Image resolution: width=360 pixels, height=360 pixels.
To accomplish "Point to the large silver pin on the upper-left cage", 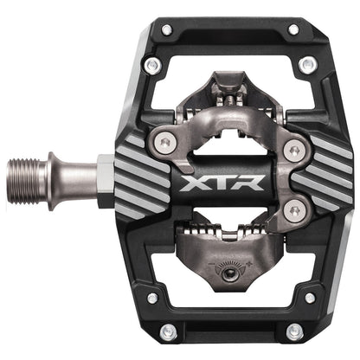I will click(x=153, y=65).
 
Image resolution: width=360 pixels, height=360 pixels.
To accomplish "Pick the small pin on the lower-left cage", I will click(x=152, y=298).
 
